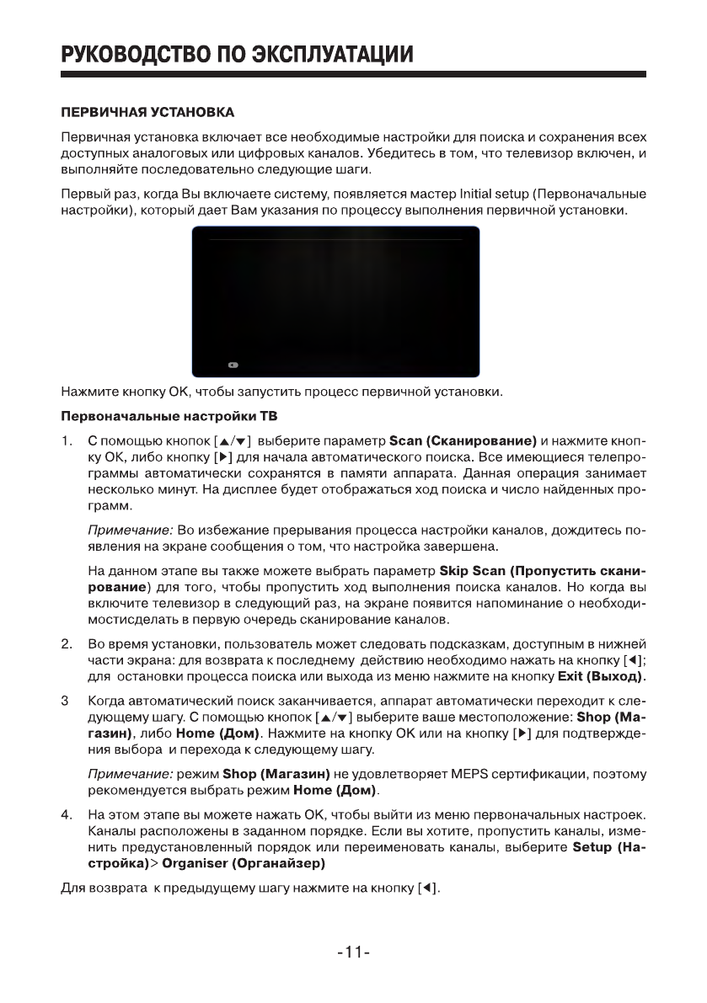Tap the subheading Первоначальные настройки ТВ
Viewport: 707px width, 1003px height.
click(169, 418)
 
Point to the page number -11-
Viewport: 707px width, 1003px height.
click(354, 953)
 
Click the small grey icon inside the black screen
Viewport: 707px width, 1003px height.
click(233, 365)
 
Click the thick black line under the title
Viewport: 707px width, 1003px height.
click(354, 75)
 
